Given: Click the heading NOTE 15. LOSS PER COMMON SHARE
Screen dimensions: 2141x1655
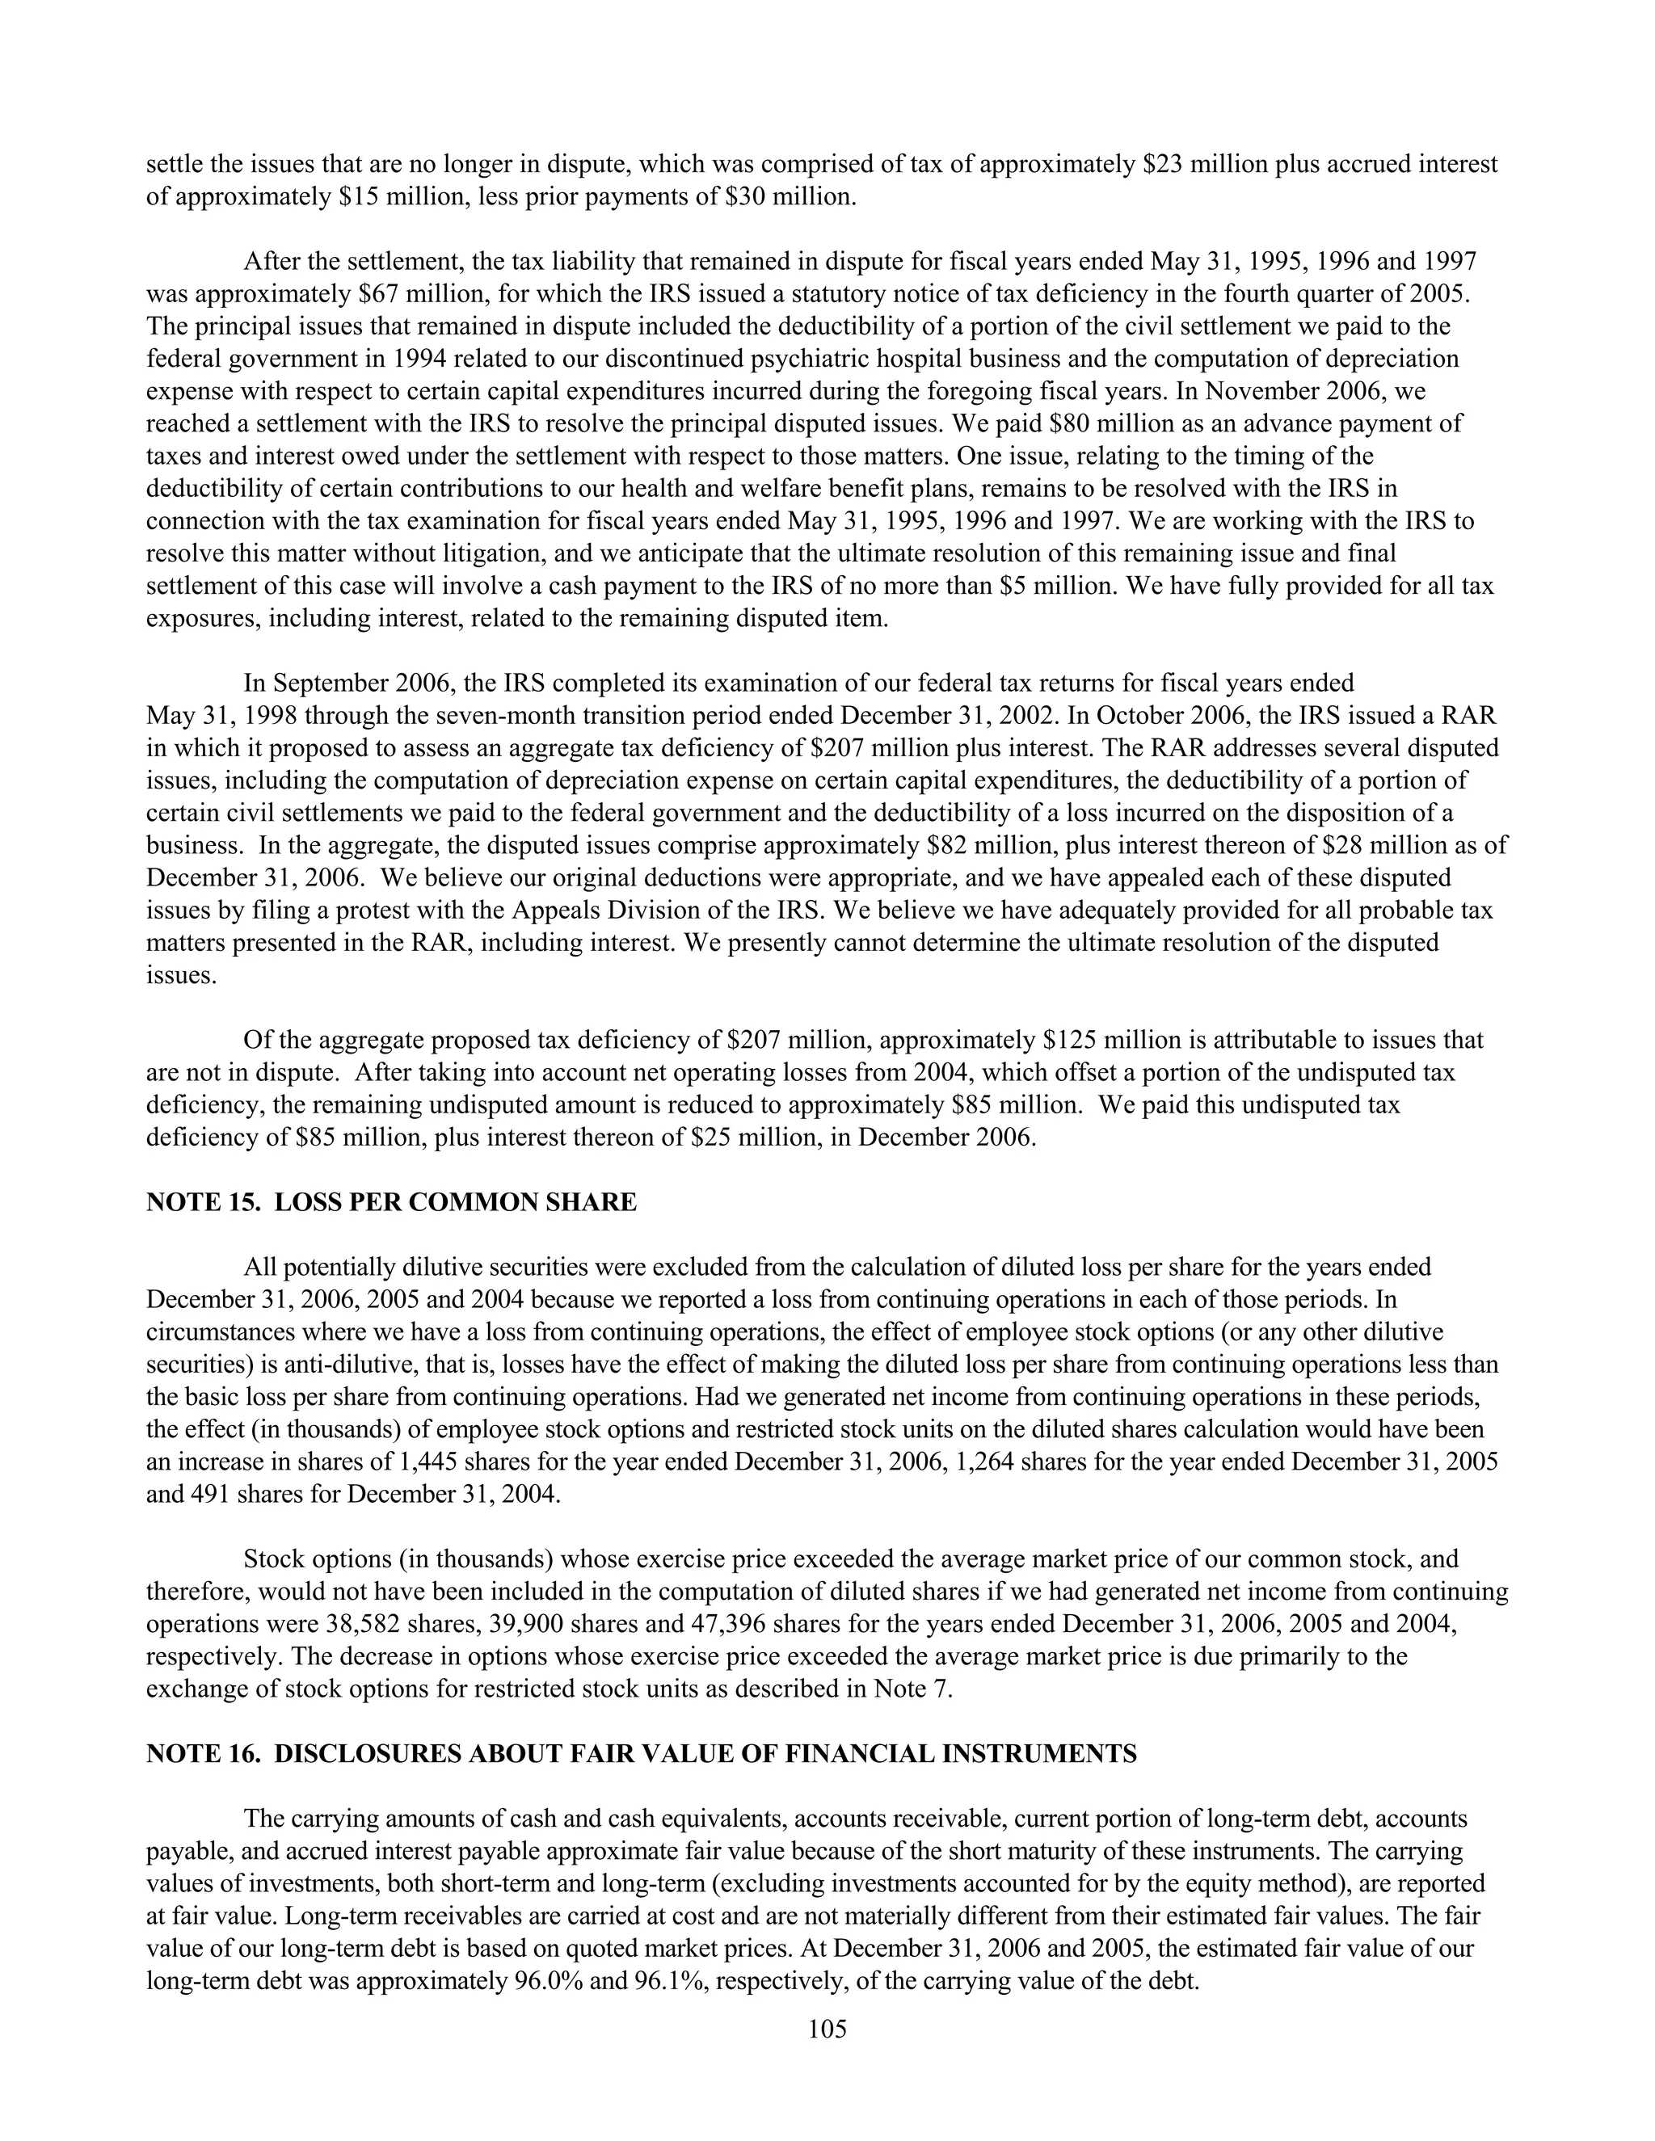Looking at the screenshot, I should click(x=391, y=1202).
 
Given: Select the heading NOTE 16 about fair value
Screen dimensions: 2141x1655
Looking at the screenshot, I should click(x=641, y=1754).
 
